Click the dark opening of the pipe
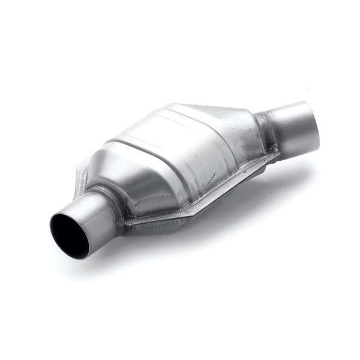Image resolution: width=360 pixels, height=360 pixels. tap(67, 229)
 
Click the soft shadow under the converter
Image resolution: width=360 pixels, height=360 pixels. tap(198, 240)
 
